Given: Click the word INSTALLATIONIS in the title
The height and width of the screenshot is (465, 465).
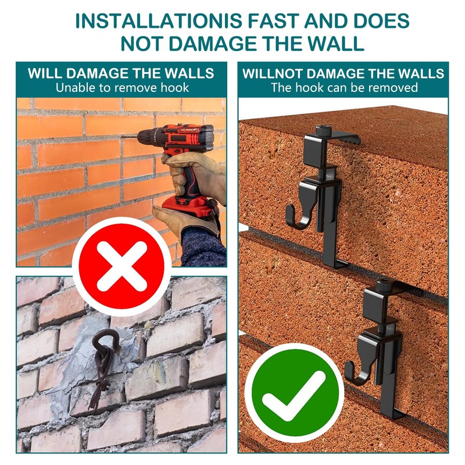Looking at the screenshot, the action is pyautogui.click(x=159, y=21).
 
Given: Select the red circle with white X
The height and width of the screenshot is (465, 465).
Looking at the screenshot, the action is pyautogui.click(x=122, y=266).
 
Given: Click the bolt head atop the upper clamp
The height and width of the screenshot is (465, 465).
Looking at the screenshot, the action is pyautogui.click(x=324, y=131).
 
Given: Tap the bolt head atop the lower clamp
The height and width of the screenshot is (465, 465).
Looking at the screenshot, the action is pyautogui.click(x=383, y=285).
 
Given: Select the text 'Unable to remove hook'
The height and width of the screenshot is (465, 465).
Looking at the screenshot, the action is pyautogui.click(x=122, y=88).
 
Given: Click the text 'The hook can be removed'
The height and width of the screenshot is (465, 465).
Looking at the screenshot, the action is pyautogui.click(x=344, y=88).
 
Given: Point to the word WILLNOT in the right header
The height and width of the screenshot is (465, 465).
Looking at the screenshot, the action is pyautogui.click(x=272, y=74).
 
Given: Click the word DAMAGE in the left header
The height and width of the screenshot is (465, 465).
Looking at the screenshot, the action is pyautogui.click(x=98, y=74).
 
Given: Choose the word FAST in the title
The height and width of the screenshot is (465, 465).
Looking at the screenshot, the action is pyautogui.click(x=273, y=21).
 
